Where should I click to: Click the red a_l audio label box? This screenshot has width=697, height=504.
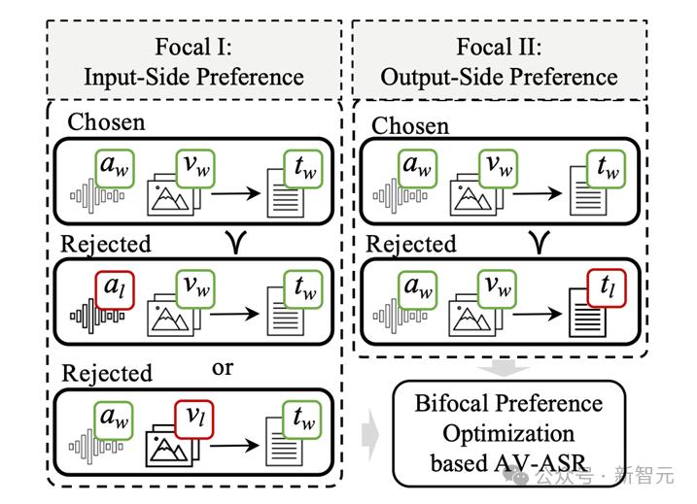coord(115,290)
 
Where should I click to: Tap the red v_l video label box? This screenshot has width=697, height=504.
coord(193,420)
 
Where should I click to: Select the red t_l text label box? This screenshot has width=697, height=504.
coord(607,287)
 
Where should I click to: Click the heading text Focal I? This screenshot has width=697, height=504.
coord(193,47)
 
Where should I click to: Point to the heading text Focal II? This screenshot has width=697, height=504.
coord(500,47)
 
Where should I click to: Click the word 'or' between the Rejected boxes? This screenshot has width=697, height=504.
coord(223,368)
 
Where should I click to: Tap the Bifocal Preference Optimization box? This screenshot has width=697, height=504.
coord(509,433)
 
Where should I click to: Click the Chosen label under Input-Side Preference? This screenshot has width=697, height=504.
coord(106,121)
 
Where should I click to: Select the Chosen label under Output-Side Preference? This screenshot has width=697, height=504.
coord(410,125)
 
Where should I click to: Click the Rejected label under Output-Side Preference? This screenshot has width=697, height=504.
coord(411,244)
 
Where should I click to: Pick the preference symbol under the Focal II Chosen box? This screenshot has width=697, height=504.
coord(540,242)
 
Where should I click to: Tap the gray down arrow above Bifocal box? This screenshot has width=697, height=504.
coord(504,370)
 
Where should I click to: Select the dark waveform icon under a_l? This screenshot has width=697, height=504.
coord(97,316)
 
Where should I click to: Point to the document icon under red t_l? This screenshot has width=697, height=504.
coord(587,313)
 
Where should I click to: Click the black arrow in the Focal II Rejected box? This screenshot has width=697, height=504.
coord(537,314)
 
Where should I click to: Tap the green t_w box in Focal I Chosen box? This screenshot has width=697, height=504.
coord(303,169)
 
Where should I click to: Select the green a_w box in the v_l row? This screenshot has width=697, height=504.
coord(114,420)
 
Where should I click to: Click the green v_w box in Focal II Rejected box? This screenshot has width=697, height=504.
coord(498,288)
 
